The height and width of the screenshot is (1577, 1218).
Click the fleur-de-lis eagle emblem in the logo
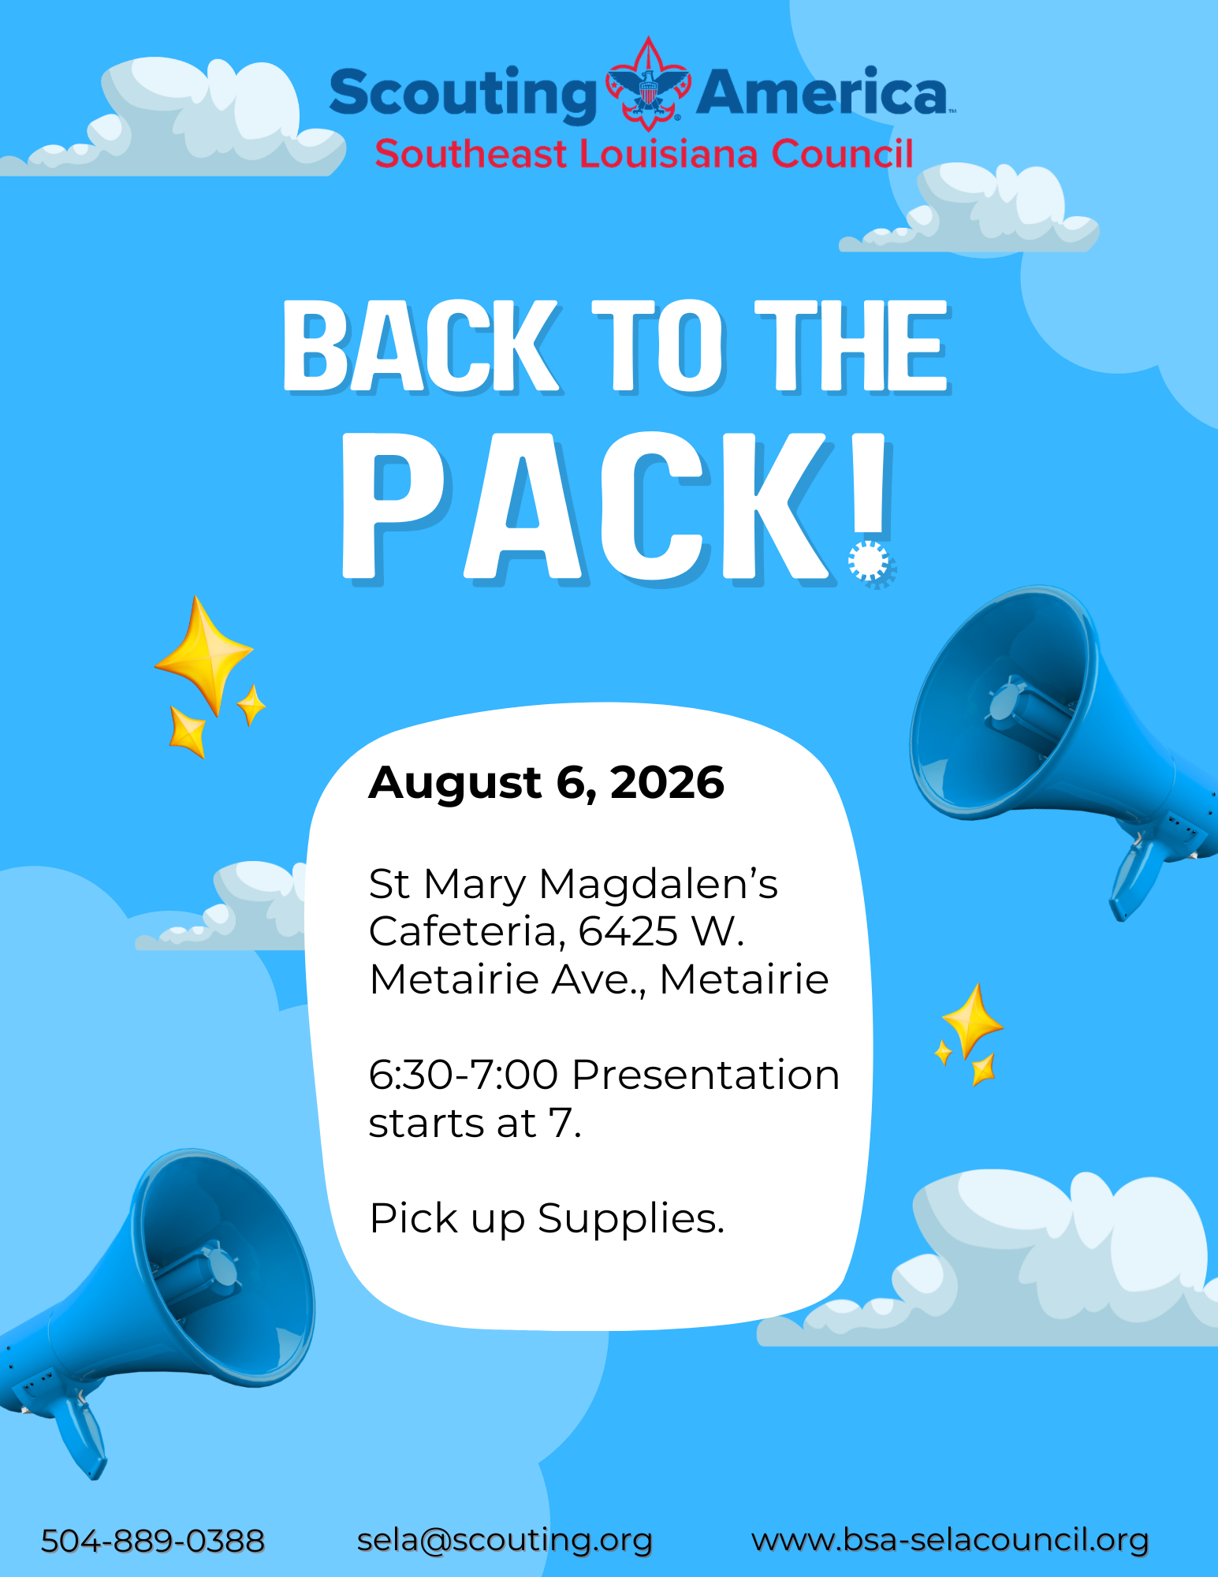click(x=647, y=84)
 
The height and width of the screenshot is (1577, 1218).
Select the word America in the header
click(x=822, y=91)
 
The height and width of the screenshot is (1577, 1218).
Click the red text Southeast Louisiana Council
click(x=644, y=154)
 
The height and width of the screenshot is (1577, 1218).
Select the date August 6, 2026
click(x=546, y=782)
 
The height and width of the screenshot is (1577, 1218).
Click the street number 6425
click(x=628, y=931)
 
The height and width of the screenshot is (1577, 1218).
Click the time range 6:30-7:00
click(x=464, y=1075)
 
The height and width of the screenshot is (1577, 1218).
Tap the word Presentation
click(x=706, y=1075)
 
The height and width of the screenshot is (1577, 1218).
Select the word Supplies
click(x=631, y=1220)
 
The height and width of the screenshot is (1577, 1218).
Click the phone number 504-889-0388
click(x=153, y=1541)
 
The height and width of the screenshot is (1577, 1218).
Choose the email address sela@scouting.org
click(x=505, y=1541)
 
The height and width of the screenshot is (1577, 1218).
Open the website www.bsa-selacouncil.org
click(x=950, y=1540)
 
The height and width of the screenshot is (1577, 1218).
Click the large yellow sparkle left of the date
click(x=204, y=654)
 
